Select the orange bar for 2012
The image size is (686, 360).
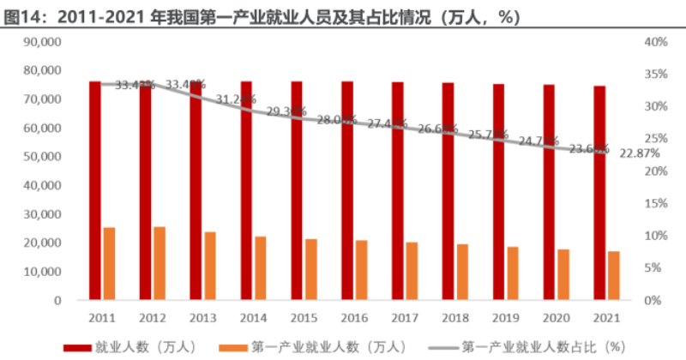click(159, 263)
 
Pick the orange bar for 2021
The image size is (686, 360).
click(614, 275)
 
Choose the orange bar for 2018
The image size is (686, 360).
click(462, 272)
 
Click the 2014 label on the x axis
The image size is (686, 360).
click(252, 318)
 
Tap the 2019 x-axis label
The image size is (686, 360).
click(505, 318)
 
